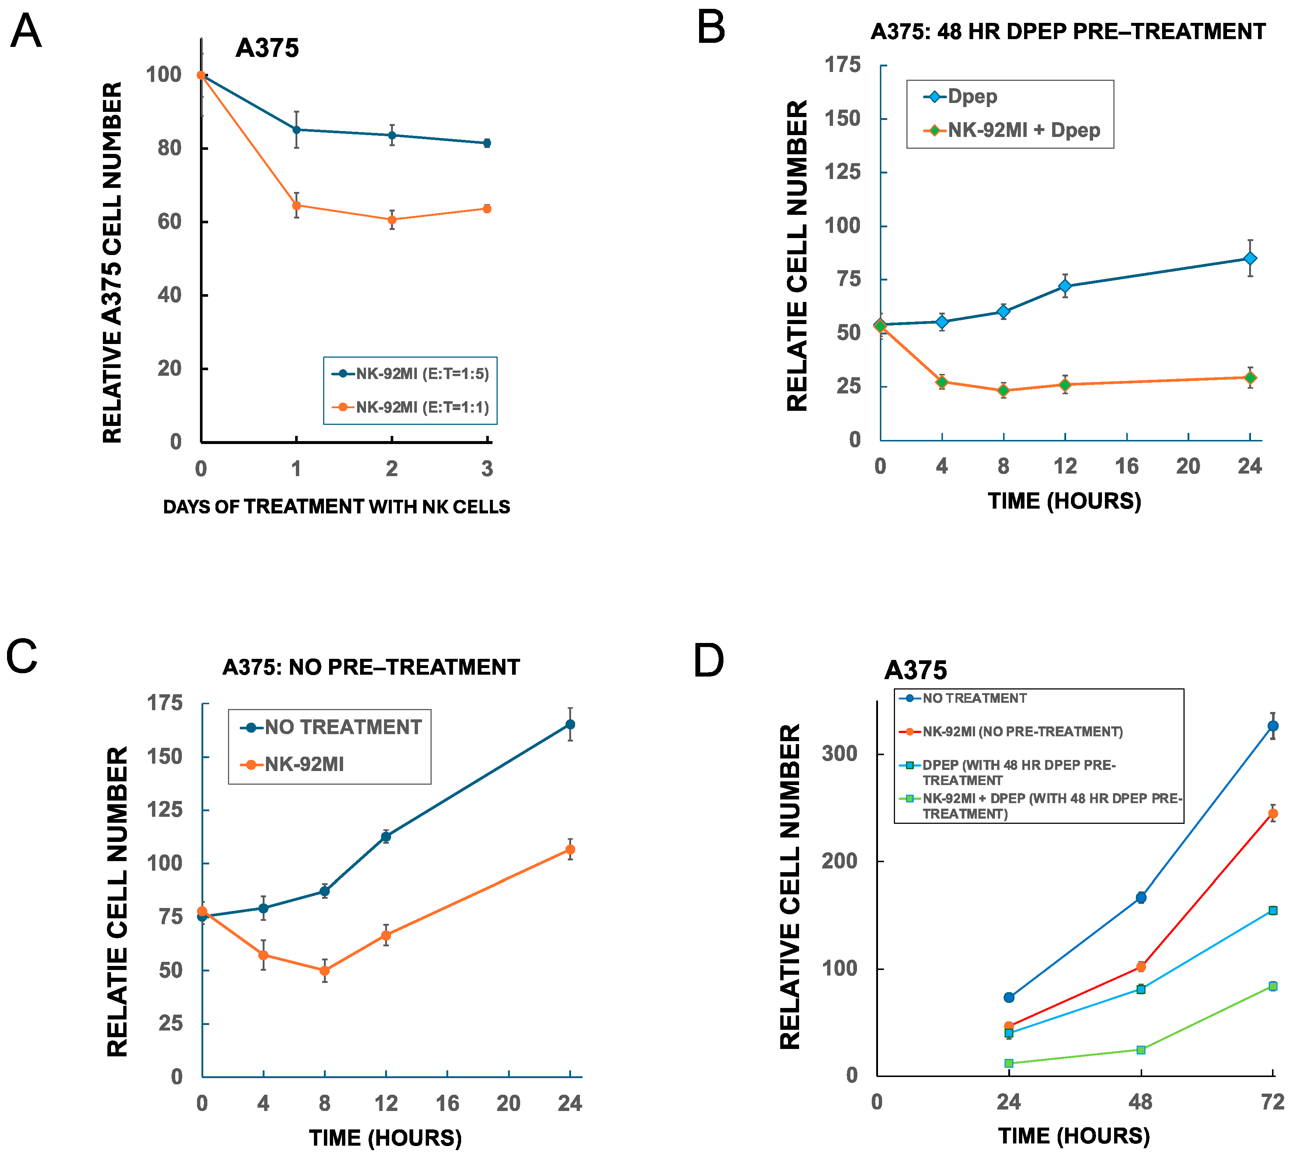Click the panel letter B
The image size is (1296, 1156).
(711, 28)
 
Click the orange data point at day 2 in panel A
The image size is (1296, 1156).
(392, 220)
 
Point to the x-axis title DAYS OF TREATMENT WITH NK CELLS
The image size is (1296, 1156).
(336, 507)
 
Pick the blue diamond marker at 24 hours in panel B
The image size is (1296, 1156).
(1250, 258)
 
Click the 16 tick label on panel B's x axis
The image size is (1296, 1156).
(1126, 466)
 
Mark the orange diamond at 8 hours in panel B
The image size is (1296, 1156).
(1003, 390)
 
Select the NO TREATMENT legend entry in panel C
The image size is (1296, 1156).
(342, 727)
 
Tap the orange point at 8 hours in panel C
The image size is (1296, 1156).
(325, 971)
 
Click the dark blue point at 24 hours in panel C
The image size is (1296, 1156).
(570, 724)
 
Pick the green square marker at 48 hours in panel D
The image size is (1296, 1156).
(1140, 1049)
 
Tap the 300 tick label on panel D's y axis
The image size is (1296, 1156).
(839, 754)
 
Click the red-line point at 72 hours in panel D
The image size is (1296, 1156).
(1272, 813)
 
